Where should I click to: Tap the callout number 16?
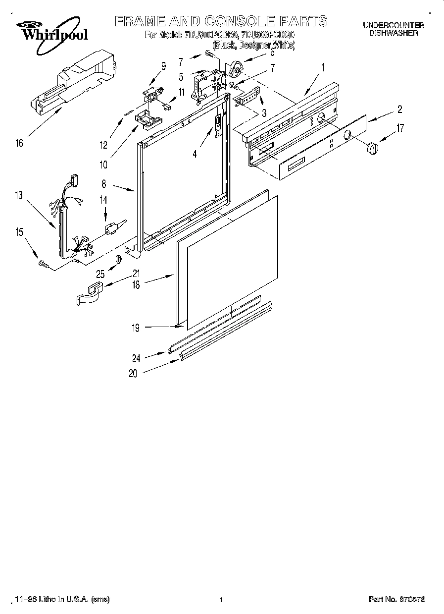[x=19, y=144]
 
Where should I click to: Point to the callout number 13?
[x=19, y=196]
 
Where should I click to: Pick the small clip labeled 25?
[x=118, y=260]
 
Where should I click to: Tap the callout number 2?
[x=399, y=110]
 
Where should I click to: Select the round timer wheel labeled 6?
[x=237, y=67]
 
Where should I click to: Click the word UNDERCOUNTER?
[x=394, y=25]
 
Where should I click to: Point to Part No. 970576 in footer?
[x=396, y=600]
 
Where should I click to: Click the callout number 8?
[x=104, y=183]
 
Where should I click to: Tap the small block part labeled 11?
[x=167, y=106]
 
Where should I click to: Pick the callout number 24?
[x=136, y=359]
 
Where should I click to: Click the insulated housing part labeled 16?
[x=74, y=82]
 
